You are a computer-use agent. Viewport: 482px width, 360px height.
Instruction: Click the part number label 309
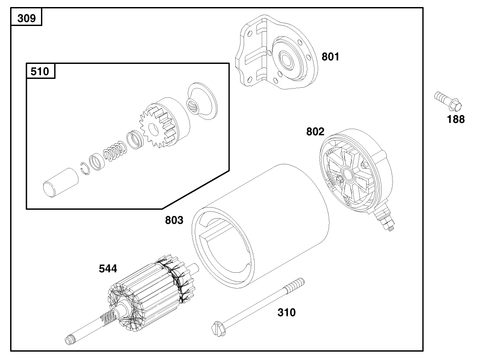(26, 19)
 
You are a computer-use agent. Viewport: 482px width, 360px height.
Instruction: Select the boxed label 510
(41, 71)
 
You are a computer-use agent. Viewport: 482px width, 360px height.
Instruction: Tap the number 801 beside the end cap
(330, 57)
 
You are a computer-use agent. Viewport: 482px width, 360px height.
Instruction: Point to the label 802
(315, 132)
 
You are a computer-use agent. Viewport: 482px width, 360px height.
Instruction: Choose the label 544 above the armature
(108, 269)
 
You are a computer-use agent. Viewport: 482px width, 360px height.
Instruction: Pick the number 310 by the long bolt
(286, 313)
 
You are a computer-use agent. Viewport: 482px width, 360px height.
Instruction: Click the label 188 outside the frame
(455, 119)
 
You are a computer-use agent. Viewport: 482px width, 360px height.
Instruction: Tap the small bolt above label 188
(447, 100)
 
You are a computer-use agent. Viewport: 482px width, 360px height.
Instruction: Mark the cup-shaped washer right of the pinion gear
(202, 101)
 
